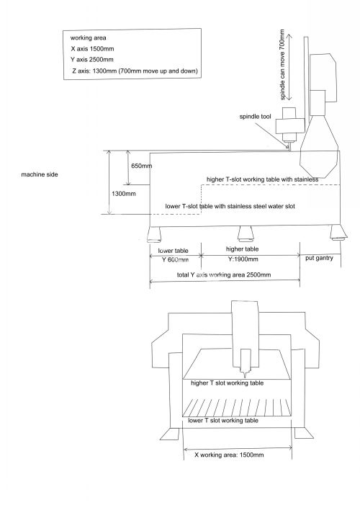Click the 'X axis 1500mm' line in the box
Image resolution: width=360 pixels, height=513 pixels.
click(x=93, y=49)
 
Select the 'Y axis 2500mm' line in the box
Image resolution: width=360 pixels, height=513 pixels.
click(x=92, y=60)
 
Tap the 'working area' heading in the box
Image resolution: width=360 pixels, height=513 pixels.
click(x=89, y=38)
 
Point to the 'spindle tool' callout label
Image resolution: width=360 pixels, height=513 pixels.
click(x=255, y=117)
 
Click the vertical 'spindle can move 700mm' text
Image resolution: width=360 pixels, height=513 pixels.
click(x=282, y=64)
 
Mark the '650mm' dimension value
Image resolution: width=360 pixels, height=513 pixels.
click(x=142, y=166)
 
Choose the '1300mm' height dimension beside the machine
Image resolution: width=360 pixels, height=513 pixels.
click(x=124, y=194)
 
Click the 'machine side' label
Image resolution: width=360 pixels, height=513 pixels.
click(x=40, y=174)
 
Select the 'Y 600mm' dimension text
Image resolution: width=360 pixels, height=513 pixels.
click(x=175, y=260)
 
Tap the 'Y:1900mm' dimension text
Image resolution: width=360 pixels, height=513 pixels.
click(x=243, y=259)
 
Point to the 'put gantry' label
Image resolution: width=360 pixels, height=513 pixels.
click(x=319, y=258)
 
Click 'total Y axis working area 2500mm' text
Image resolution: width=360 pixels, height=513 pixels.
click(x=224, y=275)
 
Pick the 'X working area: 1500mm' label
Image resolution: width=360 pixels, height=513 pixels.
click(x=229, y=455)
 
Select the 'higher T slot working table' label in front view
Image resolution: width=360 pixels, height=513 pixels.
click(x=228, y=383)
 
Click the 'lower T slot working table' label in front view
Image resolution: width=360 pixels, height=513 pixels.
click(x=223, y=420)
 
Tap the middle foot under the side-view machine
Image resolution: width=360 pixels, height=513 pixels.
click(x=246, y=233)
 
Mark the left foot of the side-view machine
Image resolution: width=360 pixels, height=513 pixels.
click(x=153, y=235)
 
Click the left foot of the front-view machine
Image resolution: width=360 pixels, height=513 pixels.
click(x=171, y=434)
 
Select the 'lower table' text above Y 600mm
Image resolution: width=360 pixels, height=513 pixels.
click(x=174, y=251)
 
